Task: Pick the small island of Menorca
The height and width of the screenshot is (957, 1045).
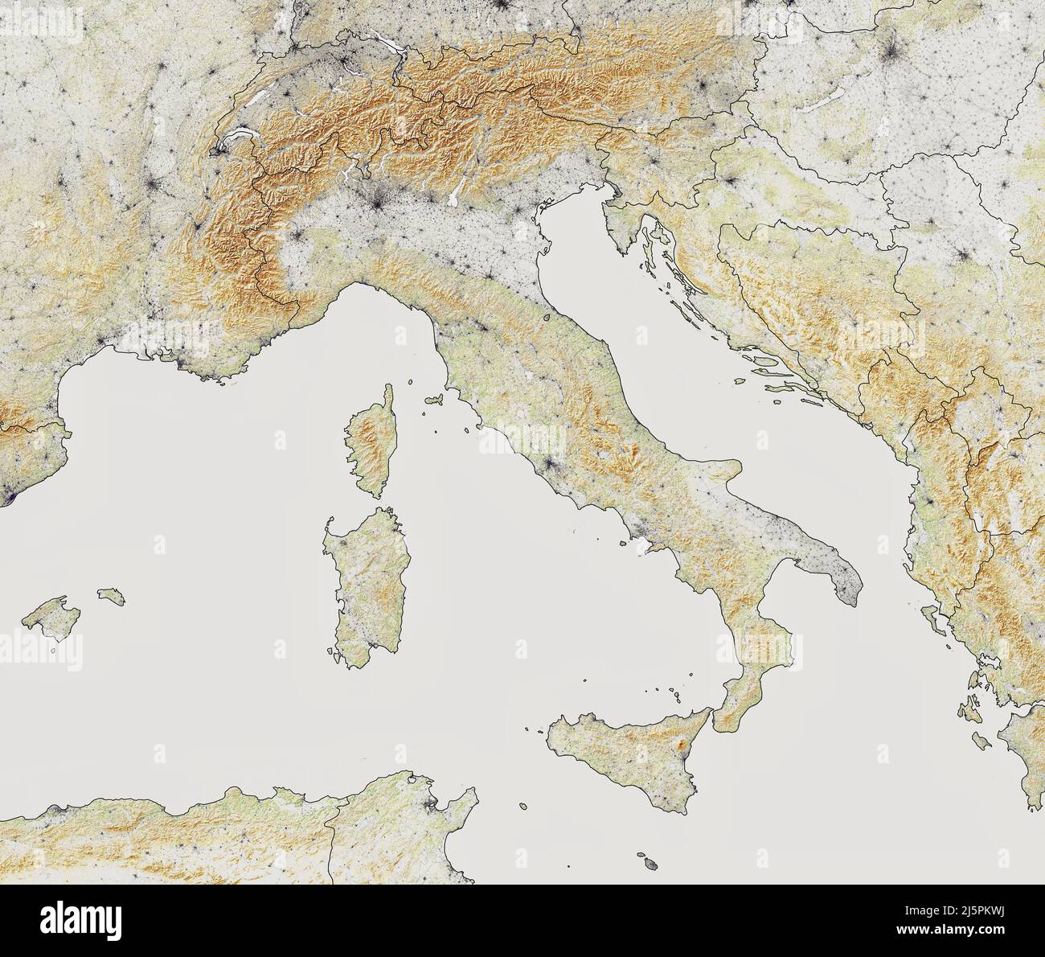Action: click(x=110, y=596)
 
